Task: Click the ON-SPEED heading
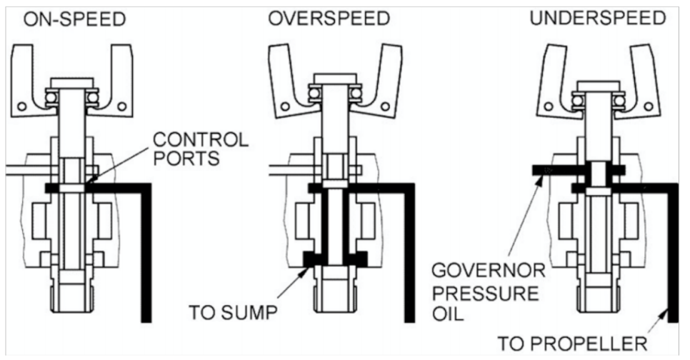pos(74,19)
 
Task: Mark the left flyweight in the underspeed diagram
pos(554,86)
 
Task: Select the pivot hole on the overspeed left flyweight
pos(285,106)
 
